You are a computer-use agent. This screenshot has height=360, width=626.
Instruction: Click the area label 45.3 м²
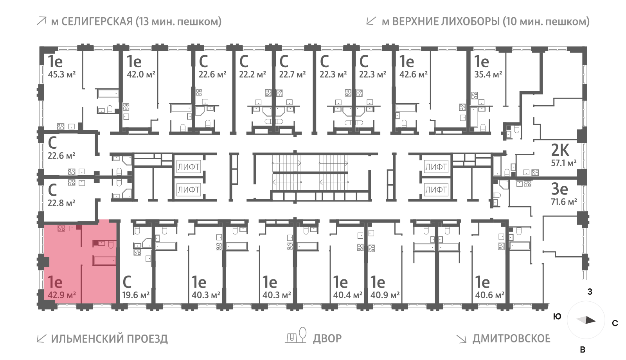(61, 74)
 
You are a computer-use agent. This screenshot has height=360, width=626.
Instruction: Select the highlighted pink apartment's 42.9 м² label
(61, 295)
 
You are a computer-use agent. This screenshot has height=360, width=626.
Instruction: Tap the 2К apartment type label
(560, 150)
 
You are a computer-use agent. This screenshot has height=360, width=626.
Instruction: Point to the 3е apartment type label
(559, 189)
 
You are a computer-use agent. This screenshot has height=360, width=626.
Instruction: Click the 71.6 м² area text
(564, 202)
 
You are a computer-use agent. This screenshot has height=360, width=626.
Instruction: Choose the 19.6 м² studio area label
(136, 295)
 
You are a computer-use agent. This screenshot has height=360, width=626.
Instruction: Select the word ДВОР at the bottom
(327, 338)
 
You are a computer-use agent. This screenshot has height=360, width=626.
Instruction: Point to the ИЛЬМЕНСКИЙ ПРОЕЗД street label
(109, 338)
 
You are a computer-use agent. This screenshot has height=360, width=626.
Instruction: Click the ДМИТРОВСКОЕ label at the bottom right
(511, 338)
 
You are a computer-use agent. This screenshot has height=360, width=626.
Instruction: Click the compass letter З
(590, 292)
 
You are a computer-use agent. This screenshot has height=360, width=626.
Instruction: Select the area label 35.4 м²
(488, 74)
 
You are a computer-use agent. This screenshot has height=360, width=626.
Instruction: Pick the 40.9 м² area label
(385, 295)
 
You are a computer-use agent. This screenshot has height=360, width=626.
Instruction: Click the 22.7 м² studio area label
(292, 74)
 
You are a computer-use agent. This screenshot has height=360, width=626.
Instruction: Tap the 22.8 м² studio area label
(61, 203)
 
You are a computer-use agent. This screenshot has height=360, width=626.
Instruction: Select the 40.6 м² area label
(489, 295)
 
